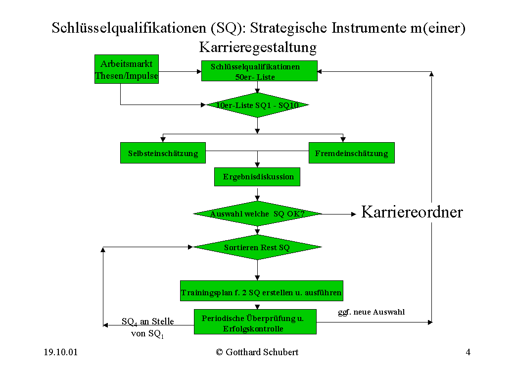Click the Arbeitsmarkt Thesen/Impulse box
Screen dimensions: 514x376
pyautogui.click(x=127, y=69)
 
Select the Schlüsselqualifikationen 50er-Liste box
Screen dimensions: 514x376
pyautogui.click(x=259, y=71)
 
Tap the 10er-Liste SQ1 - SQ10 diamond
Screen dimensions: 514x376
pyautogui.click(x=257, y=105)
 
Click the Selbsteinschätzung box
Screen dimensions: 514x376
pyautogui.click(x=163, y=153)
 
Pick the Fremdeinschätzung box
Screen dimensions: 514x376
pyautogui.click(x=352, y=153)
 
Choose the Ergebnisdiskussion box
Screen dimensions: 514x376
pyautogui.click(x=257, y=177)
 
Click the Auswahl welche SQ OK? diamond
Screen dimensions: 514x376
pyautogui.click(x=257, y=214)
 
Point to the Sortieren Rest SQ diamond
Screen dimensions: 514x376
pyautogui.click(x=257, y=247)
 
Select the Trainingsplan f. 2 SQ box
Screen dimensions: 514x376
pyautogui.click(x=262, y=291)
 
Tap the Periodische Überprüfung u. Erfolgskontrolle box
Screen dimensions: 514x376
pyautogui.click(x=255, y=322)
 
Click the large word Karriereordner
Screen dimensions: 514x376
pyautogui.click(x=412, y=212)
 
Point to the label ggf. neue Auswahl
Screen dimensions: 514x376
pyautogui.click(x=372, y=312)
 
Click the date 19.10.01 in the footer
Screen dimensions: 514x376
pyautogui.click(x=61, y=352)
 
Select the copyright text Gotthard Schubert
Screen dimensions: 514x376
pyautogui.click(x=257, y=352)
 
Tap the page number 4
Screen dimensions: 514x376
pyautogui.click(x=468, y=352)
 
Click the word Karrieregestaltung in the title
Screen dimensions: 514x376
pyautogui.click(x=258, y=48)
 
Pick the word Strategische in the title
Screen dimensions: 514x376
pyautogui.click(x=288, y=28)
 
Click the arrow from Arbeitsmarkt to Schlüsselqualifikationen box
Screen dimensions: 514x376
pyautogui.click(x=180, y=71)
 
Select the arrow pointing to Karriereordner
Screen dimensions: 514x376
pyautogui.click(x=339, y=214)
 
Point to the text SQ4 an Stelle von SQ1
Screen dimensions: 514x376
pyautogui.click(x=147, y=327)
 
